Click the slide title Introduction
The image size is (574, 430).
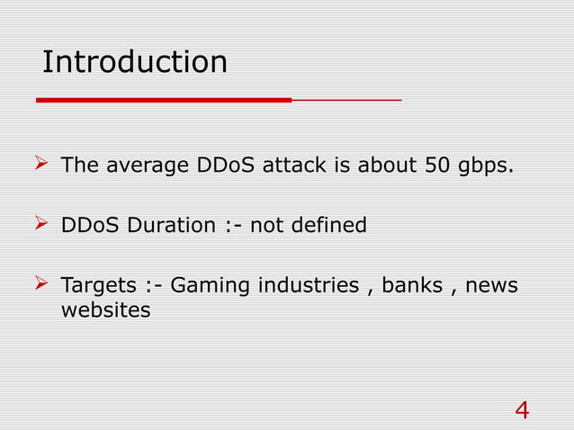point(135,63)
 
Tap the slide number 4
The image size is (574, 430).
point(522,410)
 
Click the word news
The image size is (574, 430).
point(493,286)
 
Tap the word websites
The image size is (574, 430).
point(105,311)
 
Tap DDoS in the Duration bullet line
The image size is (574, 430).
point(90,225)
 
